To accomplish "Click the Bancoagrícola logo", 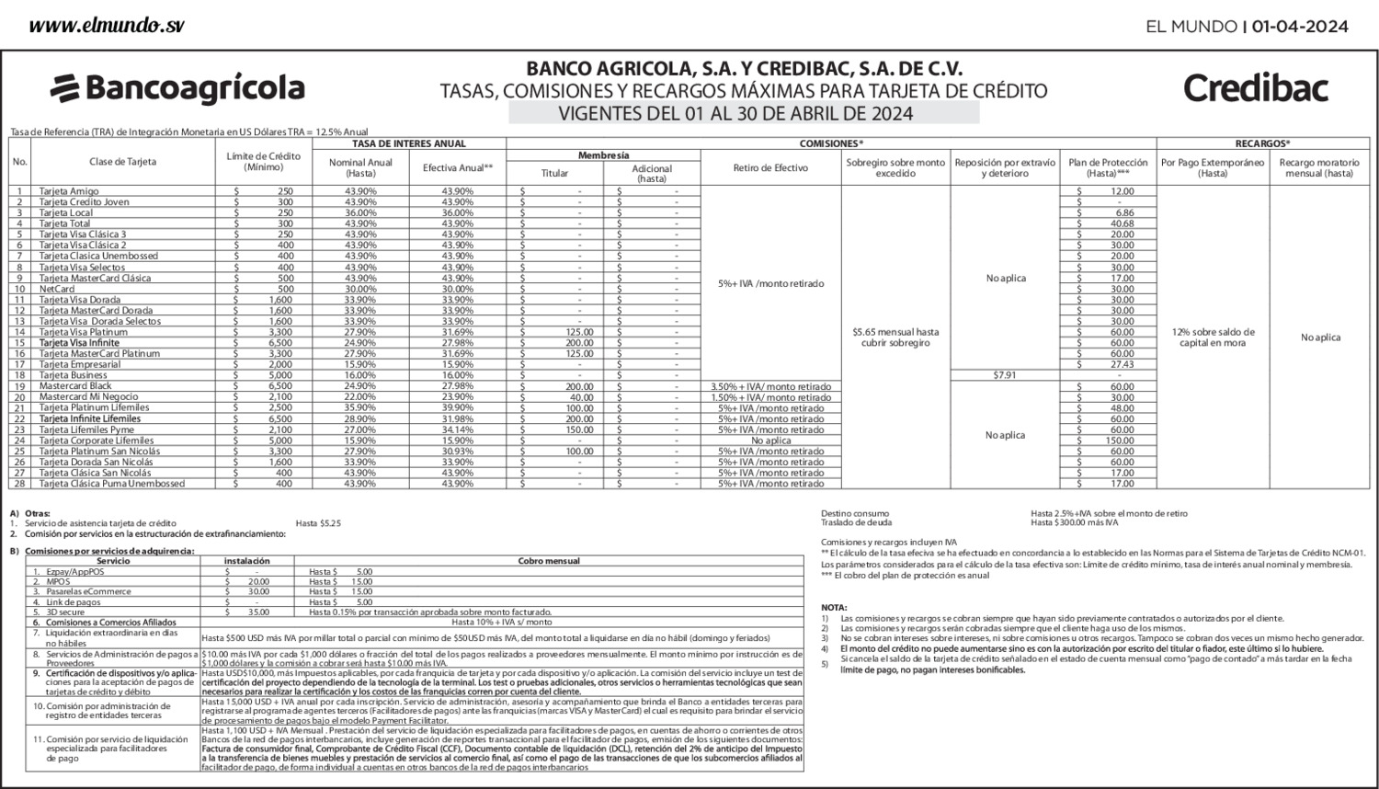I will tap(177, 88).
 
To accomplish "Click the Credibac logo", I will tap(1255, 88).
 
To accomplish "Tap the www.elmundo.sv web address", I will tap(106, 25).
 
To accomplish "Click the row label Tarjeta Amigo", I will tap(69, 191).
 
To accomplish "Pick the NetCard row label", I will tap(57, 289).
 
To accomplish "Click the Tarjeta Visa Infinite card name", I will tap(79, 343).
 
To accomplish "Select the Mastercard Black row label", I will tap(75, 386).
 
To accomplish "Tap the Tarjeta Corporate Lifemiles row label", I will tap(90, 440).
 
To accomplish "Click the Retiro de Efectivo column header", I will tap(770, 168).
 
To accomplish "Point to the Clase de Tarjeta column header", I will tap(122, 162).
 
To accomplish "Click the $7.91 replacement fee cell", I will tap(1005, 375).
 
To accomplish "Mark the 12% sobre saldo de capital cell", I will tap(1213, 337).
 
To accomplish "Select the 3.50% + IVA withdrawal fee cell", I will tap(770, 386).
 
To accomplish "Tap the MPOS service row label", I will tap(58, 581).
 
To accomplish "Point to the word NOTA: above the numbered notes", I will tap(834, 608).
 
